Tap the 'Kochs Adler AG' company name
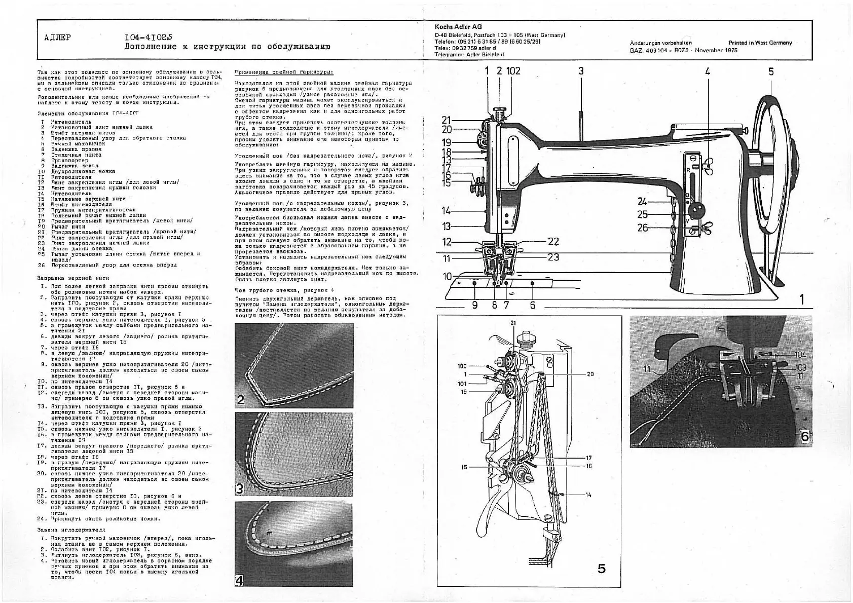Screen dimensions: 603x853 (x=458, y=27)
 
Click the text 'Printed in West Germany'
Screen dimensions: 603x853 (x=760, y=43)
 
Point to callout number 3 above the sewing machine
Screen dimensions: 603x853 (x=581, y=71)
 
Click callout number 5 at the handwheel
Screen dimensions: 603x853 (x=771, y=71)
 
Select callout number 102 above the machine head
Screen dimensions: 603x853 (x=513, y=71)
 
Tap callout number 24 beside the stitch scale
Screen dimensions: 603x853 (x=643, y=202)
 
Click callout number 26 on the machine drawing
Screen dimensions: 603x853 (x=643, y=228)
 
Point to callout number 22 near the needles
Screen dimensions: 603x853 (x=553, y=242)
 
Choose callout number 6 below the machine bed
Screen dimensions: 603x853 (x=533, y=305)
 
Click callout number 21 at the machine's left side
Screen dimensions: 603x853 (x=446, y=120)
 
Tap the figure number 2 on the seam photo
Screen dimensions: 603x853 (x=241, y=400)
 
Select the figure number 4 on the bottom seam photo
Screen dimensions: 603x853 (x=240, y=580)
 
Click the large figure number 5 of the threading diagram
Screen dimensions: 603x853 (x=601, y=569)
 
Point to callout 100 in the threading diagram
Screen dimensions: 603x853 (x=462, y=366)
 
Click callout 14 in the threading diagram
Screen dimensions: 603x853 (x=588, y=495)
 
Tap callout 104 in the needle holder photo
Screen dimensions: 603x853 (x=800, y=355)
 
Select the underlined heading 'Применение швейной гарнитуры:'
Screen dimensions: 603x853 (x=284, y=72)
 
